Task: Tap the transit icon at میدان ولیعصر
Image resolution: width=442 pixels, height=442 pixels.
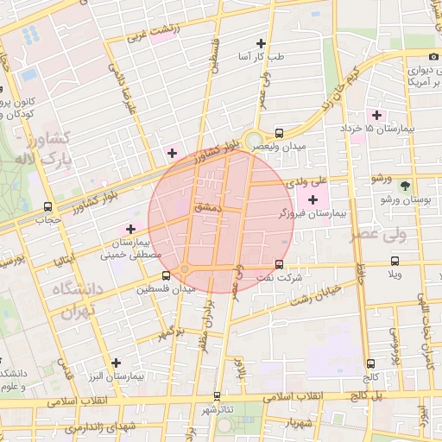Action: pyautogui.click(x=279, y=133)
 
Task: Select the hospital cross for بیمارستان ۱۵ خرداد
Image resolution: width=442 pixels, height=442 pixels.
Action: pyautogui.click(x=376, y=115)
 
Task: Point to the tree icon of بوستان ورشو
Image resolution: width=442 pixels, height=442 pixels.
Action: pyautogui.click(x=405, y=185)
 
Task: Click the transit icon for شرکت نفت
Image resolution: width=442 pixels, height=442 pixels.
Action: pyautogui.click(x=279, y=264)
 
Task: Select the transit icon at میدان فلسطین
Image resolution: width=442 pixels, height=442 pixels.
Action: pyautogui.click(x=166, y=275)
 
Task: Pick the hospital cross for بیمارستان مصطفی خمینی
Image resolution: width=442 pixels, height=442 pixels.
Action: pyautogui.click(x=130, y=229)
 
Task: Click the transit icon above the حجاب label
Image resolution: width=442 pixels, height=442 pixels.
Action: pyautogui.click(x=47, y=206)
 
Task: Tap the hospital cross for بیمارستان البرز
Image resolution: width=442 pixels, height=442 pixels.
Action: pyautogui.click(x=116, y=363)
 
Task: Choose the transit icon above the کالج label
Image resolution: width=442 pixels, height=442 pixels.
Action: pyautogui.click(x=371, y=363)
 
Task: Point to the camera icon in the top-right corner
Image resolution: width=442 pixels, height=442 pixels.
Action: pyautogui.click(x=422, y=57)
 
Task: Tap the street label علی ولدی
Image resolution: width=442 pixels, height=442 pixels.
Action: pyautogui.click(x=309, y=181)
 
